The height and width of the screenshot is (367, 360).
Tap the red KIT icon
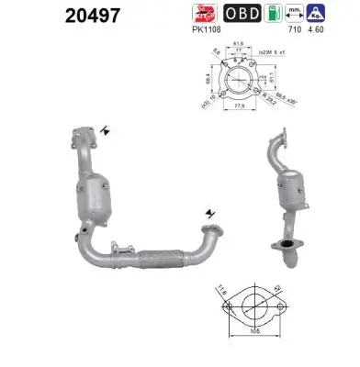point(203,14)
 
